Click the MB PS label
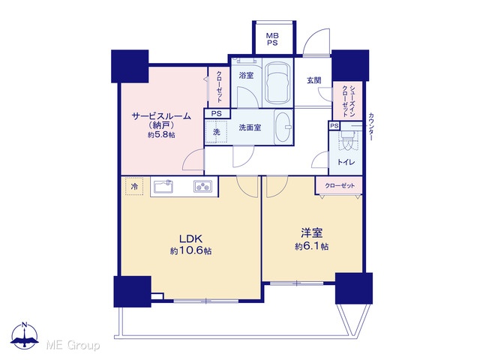[271, 39]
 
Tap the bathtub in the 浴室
[277, 83]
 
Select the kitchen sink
[163, 186]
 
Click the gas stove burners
[202, 186]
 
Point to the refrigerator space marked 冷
[134, 186]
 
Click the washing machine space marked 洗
[216, 132]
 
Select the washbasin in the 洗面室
[283, 127]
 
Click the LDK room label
[190, 238]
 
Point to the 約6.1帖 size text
[312, 247]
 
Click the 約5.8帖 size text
[161, 135]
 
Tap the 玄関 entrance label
[314, 80]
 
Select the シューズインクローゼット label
[348, 101]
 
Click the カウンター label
[370, 127]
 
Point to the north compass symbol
[25, 336]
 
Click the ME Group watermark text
[73, 345]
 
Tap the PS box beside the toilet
[334, 126]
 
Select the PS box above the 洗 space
[217, 113]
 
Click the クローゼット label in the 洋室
[340, 186]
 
